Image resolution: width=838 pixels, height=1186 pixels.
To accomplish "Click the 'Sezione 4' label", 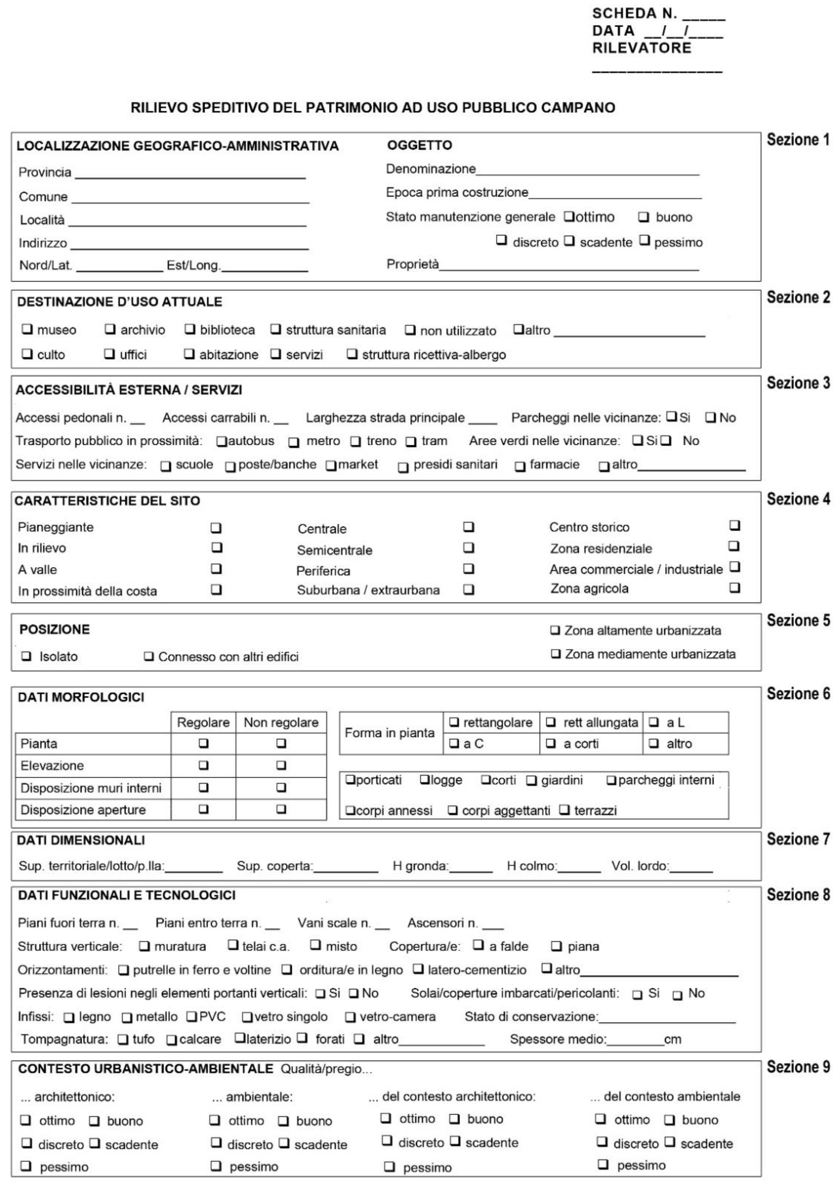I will coord(798,500).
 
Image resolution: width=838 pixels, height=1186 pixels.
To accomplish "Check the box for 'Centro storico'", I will coord(734,525).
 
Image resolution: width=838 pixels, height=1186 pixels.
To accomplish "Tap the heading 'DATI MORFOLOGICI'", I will coord(81,697).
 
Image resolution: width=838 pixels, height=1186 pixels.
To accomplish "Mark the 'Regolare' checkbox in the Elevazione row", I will coord(204,765).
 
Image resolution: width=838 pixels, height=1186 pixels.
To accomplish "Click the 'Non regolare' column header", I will coord(281,722).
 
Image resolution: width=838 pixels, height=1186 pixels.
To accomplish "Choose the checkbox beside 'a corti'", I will coord(551,743).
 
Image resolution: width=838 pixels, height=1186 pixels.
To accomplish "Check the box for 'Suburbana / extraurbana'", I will coord(468,589).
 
